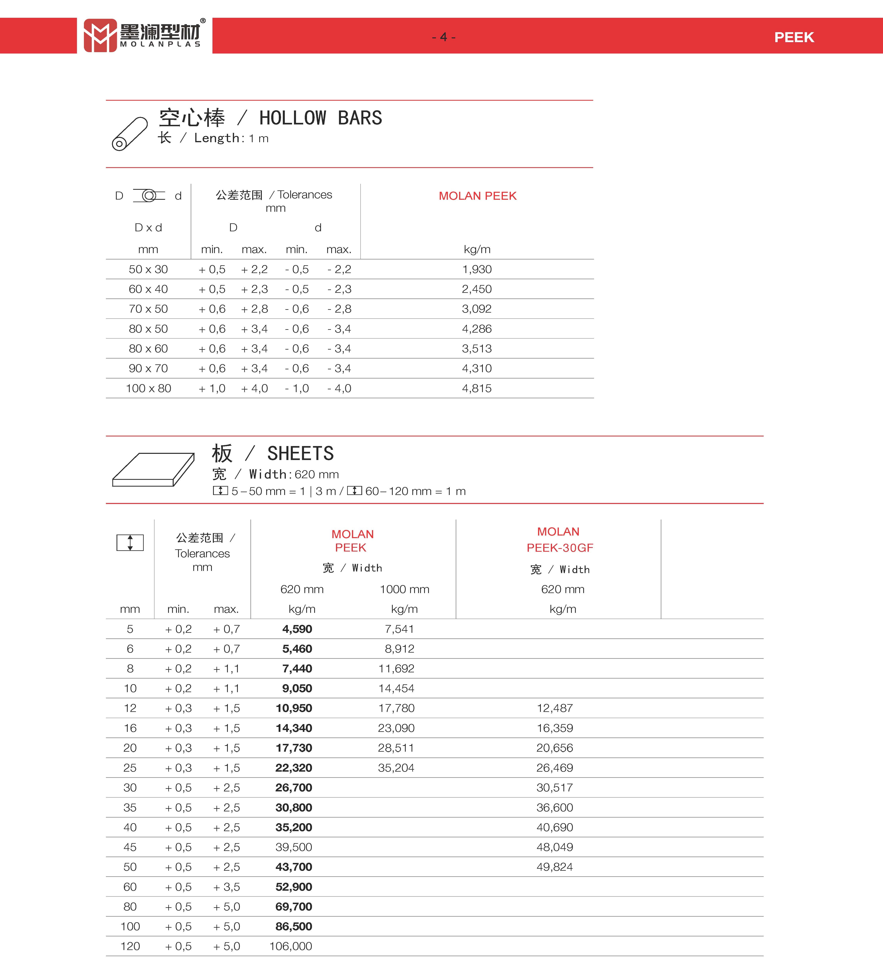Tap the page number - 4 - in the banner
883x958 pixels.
coord(443,37)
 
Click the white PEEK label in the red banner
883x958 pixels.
coord(794,37)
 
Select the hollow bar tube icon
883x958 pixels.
coord(130,134)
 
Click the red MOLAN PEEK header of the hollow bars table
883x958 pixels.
coord(477,196)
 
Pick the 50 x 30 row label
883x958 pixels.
coord(148,269)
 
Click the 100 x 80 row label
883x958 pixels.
coord(148,388)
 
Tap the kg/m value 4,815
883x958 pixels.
coord(476,388)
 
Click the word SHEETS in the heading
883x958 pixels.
coord(300,453)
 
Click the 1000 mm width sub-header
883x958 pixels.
coord(404,589)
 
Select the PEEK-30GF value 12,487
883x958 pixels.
coord(554,708)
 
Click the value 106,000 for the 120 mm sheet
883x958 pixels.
coord(291,946)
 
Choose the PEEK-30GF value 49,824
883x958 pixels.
coord(554,867)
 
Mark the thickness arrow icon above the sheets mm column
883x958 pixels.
coord(130,543)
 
